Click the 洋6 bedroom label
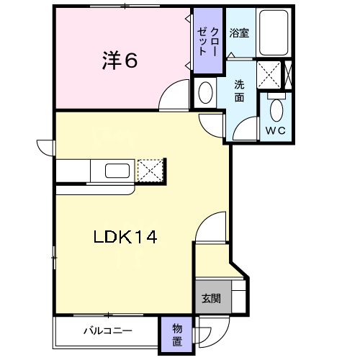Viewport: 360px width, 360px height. [x=120, y=60]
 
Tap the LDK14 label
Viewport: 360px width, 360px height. [x=125, y=237]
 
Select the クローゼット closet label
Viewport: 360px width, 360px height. [x=208, y=41]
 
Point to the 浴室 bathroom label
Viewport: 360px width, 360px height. [x=239, y=33]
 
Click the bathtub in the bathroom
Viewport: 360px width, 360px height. [x=274, y=32]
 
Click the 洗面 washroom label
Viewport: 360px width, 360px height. [x=239, y=91]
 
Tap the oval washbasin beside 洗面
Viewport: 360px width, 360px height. [x=205, y=93]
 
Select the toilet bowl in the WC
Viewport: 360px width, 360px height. [x=276, y=110]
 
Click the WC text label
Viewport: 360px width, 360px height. [x=275, y=131]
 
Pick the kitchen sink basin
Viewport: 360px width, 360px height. [x=117, y=171]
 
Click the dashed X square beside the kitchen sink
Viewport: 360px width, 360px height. [x=150, y=171]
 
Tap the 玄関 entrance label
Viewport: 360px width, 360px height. [x=211, y=299]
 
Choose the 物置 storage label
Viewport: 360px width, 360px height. [x=177, y=335]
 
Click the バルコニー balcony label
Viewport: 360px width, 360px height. [x=108, y=331]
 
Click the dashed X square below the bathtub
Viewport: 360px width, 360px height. [x=269, y=75]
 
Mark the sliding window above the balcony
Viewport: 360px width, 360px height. [x=108, y=315]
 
